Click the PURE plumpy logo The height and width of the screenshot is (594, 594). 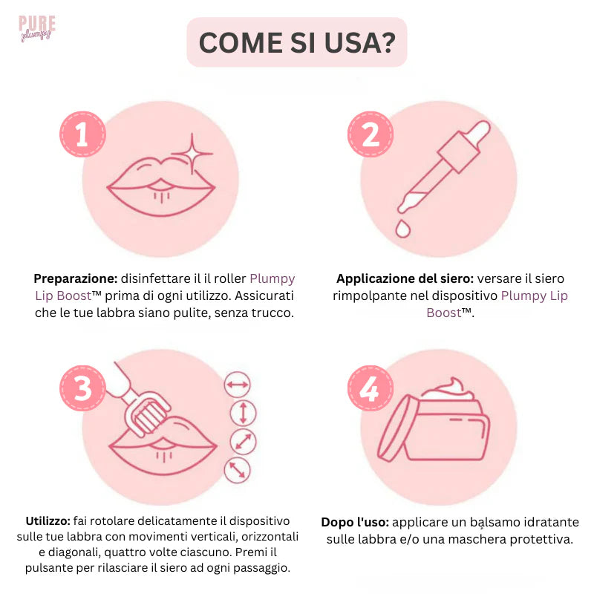coord(36,27)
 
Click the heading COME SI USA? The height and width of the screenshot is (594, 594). coord(296,43)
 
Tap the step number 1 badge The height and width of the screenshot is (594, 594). coord(82,134)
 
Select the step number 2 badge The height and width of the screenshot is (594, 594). coord(371,134)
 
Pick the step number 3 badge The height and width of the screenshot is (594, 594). coord(82,388)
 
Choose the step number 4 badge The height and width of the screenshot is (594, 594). coord(371,388)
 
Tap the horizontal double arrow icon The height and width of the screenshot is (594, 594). coord(238,384)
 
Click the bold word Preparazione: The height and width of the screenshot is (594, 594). coord(76,279)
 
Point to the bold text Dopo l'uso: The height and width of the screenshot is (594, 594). coord(355,523)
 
